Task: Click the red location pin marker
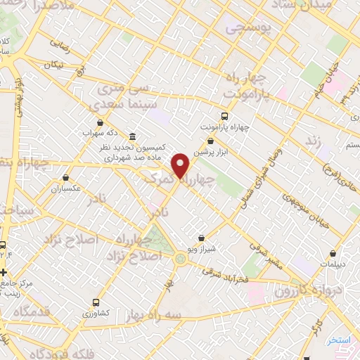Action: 181,166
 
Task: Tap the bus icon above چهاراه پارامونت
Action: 224,115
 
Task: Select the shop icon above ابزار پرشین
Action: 211,142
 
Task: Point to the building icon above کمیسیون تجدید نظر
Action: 134,136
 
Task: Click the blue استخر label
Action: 339,340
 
